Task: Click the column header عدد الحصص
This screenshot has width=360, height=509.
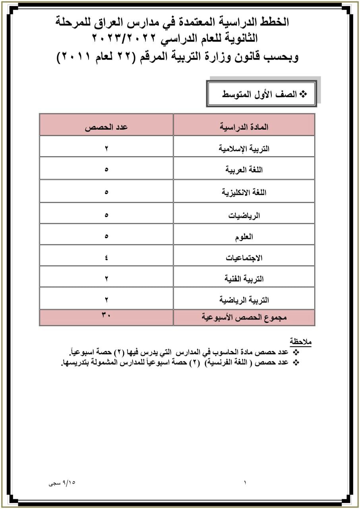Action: point(106,127)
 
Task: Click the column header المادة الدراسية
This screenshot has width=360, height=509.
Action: point(244,127)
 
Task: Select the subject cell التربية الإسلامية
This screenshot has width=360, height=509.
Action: point(244,149)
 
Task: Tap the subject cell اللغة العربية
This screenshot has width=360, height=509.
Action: point(244,170)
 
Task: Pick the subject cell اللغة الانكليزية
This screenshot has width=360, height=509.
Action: point(244,192)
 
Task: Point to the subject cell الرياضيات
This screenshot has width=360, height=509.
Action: point(244,216)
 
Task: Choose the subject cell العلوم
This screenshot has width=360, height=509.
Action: point(244,237)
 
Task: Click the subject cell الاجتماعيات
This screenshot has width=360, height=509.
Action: point(244,258)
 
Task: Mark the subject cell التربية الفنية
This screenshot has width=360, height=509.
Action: point(244,279)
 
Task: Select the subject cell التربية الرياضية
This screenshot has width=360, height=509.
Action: point(244,300)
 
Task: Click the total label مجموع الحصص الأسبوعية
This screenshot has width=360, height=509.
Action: point(244,317)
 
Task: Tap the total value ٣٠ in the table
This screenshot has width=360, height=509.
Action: point(106,315)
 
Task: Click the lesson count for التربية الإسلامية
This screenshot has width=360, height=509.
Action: point(106,149)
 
